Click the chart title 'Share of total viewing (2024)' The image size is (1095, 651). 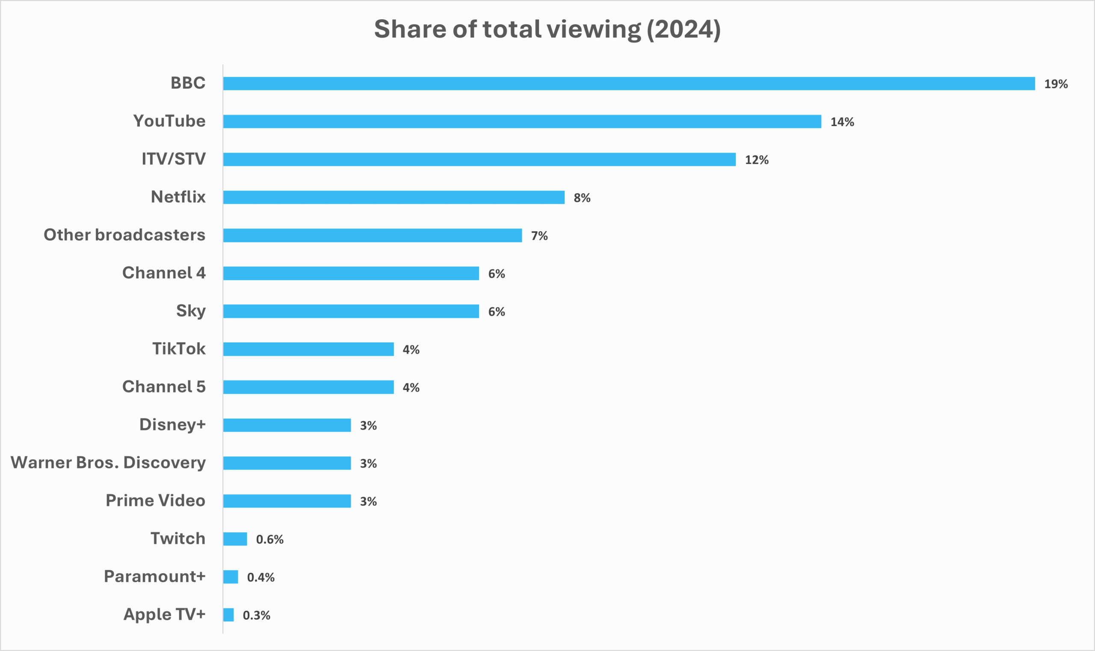(x=547, y=29)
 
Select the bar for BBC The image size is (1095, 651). (x=628, y=83)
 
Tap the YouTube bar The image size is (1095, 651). (x=522, y=121)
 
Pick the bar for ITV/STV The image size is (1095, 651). (x=479, y=159)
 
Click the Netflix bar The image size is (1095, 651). (x=394, y=197)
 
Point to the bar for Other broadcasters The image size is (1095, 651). (x=372, y=235)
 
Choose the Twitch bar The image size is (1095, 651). (x=235, y=539)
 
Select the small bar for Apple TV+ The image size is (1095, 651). (x=228, y=615)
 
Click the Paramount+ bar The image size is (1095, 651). (x=231, y=577)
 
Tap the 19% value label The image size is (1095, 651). (x=1056, y=84)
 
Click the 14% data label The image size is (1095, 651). (x=842, y=122)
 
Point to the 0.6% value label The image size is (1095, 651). (x=269, y=539)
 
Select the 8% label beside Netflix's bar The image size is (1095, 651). (x=582, y=198)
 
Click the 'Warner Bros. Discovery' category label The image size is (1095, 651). (x=108, y=463)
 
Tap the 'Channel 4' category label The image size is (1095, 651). (x=164, y=273)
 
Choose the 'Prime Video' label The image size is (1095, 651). (x=155, y=501)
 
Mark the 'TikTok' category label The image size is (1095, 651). (x=179, y=349)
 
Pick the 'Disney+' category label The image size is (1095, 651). (x=172, y=424)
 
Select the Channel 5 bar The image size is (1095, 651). (x=308, y=387)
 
